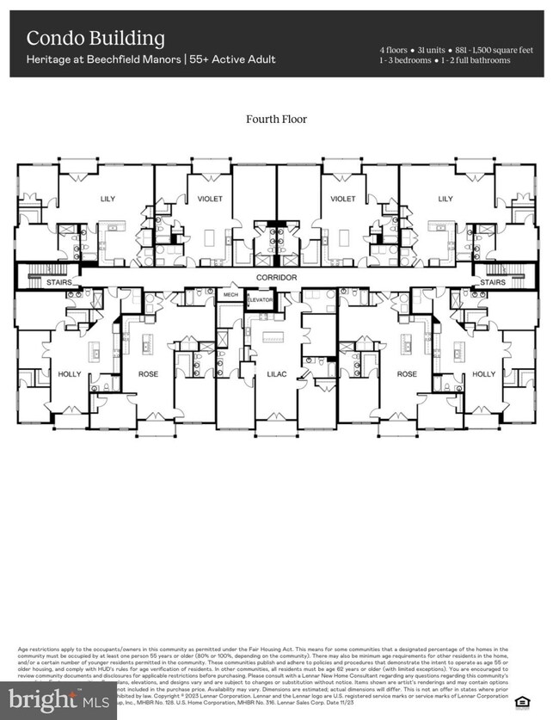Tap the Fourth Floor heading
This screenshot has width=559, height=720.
point(276,120)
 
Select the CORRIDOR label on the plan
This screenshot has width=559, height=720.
point(276,278)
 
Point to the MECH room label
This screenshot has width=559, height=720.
point(230,294)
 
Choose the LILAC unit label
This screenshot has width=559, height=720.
point(276,374)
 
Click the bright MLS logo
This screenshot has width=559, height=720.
point(58,702)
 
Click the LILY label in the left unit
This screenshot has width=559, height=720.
point(107,199)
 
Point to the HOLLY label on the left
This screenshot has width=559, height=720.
point(69,374)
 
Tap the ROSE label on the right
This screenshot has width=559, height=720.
point(407,374)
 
